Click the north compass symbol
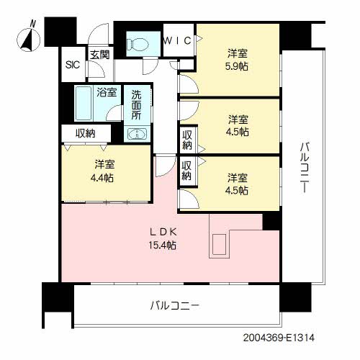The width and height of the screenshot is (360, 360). pyautogui.click(x=29, y=40)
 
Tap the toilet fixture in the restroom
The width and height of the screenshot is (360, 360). pyautogui.click(x=138, y=45)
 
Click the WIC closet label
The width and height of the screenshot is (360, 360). pyautogui.click(x=177, y=40)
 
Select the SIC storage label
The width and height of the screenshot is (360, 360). pyautogui.click(x=73, y=65)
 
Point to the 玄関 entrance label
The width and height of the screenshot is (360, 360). pyautogui.click(x=100, y=55)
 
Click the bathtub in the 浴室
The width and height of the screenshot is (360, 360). pyautogui.click(x=84, y=104)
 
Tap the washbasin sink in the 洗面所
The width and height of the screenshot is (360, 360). pyautogui.click(x=137, y=134)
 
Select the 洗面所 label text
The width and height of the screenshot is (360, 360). pyautogui.click(x=136, y=105)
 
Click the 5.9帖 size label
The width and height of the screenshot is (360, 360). pyautogui.click(x=237, y=66)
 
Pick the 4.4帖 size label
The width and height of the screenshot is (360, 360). pyautogui.click(x=102, y=178)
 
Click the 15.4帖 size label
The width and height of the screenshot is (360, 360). pyautogui.click(x=163, y=245)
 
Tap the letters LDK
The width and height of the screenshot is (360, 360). pyautogui.click(x=163, y=232)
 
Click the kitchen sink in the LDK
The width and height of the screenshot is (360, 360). pyautogui.click(x=220, y=244)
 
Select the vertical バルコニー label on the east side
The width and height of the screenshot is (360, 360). pyautogui.click(x=305, y=167)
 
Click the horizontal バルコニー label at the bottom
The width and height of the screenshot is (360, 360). pyautogui.click(x=175, y=305)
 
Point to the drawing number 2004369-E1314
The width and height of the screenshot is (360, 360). pyautogui.click(x=279, y=338)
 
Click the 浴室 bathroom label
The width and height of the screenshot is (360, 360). pyautogui.click(x=107, y=92)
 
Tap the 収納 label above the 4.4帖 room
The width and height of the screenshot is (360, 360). pyautogui.click(x=86, y=133)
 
